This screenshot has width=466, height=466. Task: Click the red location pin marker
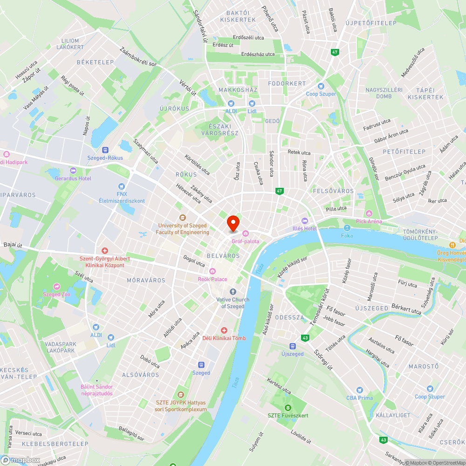coord(233,223)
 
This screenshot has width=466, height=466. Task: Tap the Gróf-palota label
coord(245,241)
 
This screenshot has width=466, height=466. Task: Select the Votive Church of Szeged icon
coord(233,292)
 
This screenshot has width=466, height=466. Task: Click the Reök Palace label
coord(212,279)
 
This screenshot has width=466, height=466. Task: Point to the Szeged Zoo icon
coord(57,287)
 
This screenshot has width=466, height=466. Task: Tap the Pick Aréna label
coord(369,221)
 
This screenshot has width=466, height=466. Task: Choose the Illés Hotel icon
coord(305,220)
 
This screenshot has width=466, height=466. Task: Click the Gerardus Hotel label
coord(73,178)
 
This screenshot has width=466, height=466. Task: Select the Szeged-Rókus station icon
coord(105,150)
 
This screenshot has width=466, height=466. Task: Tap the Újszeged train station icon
coord(292,346)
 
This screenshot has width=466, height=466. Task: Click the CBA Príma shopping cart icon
coord(359,390)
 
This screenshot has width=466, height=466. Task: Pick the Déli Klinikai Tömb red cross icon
coord(224,330)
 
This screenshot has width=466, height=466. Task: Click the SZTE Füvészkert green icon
coord(288,408)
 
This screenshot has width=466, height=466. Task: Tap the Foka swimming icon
coord(347,228)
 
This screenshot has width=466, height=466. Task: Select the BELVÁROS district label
coord(223,256)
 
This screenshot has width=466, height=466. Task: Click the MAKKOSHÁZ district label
coord(238,89)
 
